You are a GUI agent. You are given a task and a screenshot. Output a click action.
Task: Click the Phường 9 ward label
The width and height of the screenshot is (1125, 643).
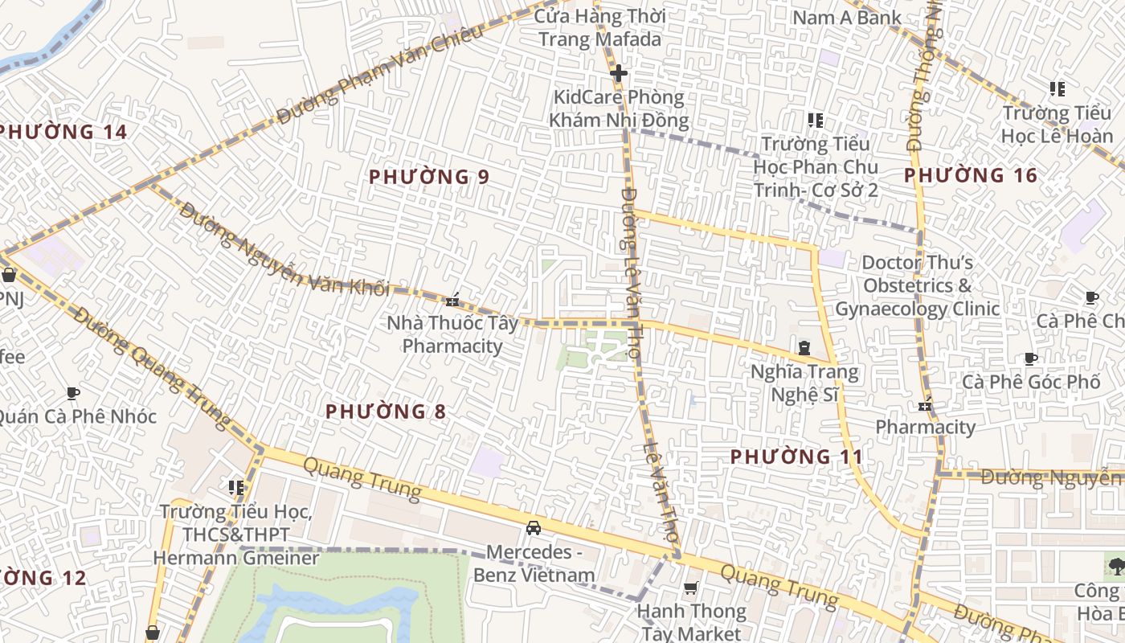[x=429, y=177]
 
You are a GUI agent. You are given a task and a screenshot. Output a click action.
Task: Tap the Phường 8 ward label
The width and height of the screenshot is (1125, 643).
[x=386, y=412]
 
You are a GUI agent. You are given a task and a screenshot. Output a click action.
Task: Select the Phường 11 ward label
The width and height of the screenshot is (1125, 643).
[x=796, y=457]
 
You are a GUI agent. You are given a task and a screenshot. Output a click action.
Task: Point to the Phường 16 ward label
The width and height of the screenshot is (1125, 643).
[x=971, y=175]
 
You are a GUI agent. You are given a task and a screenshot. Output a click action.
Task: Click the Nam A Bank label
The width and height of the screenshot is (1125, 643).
[x=847, y=17]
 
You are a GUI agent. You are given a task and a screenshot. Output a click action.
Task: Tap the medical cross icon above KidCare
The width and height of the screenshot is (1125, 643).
[x=618, y=74]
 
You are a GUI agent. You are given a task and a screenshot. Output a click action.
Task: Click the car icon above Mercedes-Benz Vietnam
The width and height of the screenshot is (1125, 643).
[x=533, y=528]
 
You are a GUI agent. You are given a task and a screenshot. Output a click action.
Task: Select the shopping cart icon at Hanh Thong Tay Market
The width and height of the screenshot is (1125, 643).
[x=690, y=589]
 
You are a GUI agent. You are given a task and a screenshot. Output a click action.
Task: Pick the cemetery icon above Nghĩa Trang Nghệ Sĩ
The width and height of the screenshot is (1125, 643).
[x=804, y=348]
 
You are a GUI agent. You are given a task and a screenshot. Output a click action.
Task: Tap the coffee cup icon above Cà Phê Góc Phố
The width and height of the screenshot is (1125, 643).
[x=1031, y=358]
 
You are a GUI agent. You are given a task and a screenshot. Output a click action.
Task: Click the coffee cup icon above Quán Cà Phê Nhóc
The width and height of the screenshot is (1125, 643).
[x=73, y=393]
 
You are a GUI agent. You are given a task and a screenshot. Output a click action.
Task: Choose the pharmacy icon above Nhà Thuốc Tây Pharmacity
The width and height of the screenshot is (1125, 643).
[x=452, y=301]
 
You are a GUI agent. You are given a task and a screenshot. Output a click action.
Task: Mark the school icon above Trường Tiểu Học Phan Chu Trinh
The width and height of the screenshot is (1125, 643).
[x=816, y=121]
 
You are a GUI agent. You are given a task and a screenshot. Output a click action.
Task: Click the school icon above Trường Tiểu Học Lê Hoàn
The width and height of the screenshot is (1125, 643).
[x=1057, y=89]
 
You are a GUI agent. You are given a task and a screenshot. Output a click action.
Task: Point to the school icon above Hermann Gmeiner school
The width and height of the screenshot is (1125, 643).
[x=235, y=487]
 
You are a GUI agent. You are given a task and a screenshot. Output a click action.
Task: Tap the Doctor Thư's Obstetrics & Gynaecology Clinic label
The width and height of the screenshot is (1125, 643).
[x=917, y=285]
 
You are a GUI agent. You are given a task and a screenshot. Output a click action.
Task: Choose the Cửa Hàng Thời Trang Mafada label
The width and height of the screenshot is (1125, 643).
[x=599, y=27]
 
